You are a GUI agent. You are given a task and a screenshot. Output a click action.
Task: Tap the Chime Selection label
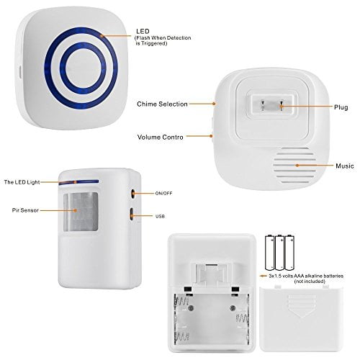click(x=161, y=104)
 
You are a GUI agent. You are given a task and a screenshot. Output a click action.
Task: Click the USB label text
click(x=159, y=216)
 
